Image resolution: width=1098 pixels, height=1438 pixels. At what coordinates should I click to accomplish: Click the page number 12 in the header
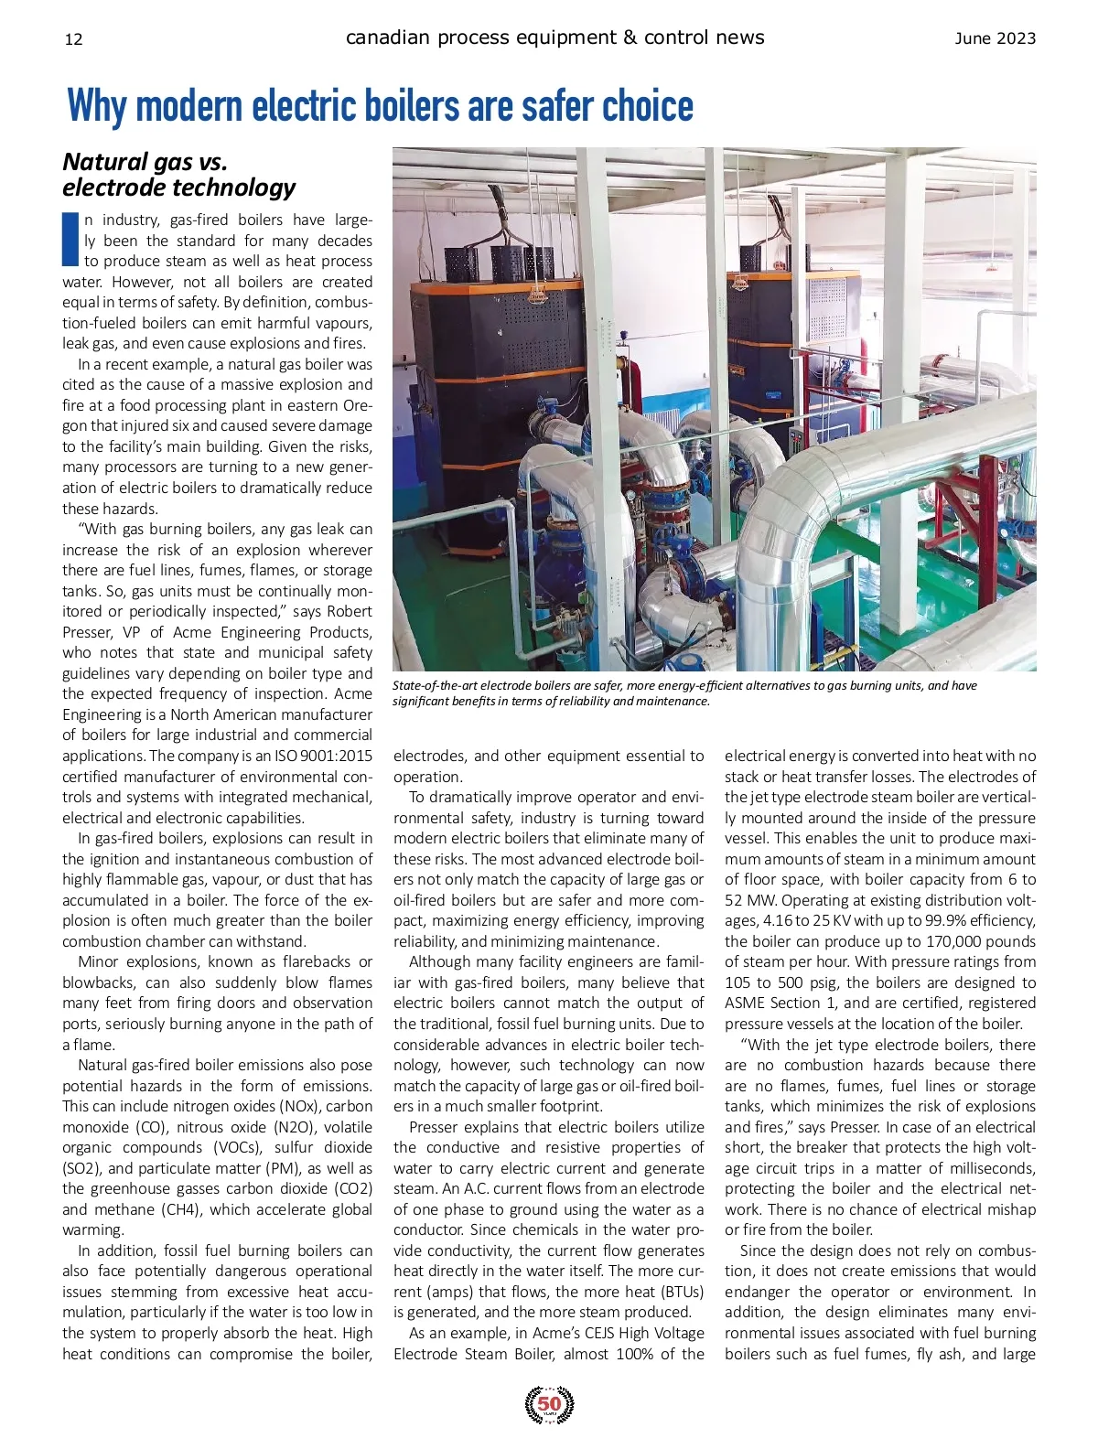coord(74,38)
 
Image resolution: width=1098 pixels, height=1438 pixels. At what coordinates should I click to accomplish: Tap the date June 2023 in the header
coord(995,38)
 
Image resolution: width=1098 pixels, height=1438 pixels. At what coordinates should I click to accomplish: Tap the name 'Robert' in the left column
coord(350,611)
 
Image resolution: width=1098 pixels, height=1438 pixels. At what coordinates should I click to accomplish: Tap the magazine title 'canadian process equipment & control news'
coord(554,38)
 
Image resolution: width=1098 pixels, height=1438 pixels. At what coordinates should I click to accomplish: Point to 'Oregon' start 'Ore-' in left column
coord(358,405)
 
